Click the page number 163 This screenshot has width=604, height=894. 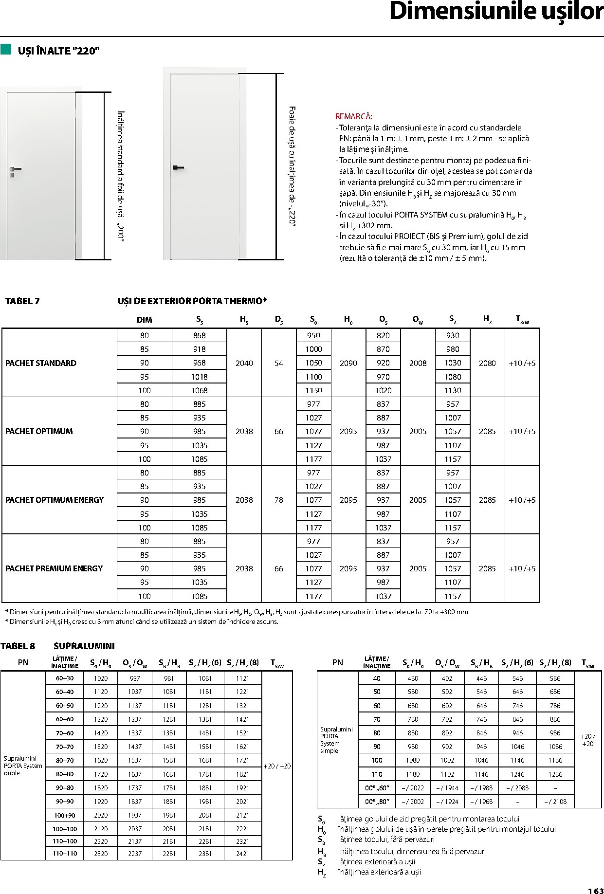point(595,887)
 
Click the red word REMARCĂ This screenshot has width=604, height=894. point(353,116)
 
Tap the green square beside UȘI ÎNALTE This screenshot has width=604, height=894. point(6,49)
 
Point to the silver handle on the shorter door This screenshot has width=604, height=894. point(15,169)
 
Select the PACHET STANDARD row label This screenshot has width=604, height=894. point(41,363)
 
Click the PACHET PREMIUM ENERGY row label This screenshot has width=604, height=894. point(54,568)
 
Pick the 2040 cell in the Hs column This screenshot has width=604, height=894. point(244,363)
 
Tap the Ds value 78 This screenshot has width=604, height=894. point(278,500)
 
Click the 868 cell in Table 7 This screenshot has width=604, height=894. point(199,335)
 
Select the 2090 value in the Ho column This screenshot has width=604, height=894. point(348,363)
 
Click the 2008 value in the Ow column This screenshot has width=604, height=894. point(418,363)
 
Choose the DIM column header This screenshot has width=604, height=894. point(144,320)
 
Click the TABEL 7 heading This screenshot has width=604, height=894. point(22,301)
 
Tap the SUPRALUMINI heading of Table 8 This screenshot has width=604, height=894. point(84,646)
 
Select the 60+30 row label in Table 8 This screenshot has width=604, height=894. point(65,678)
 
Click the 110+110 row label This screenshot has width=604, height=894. point(65,854)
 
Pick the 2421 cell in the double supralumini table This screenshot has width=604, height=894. point(242,854)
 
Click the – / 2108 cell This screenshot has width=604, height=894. point(555,802)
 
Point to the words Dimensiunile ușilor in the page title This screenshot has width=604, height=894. point(496,12)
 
